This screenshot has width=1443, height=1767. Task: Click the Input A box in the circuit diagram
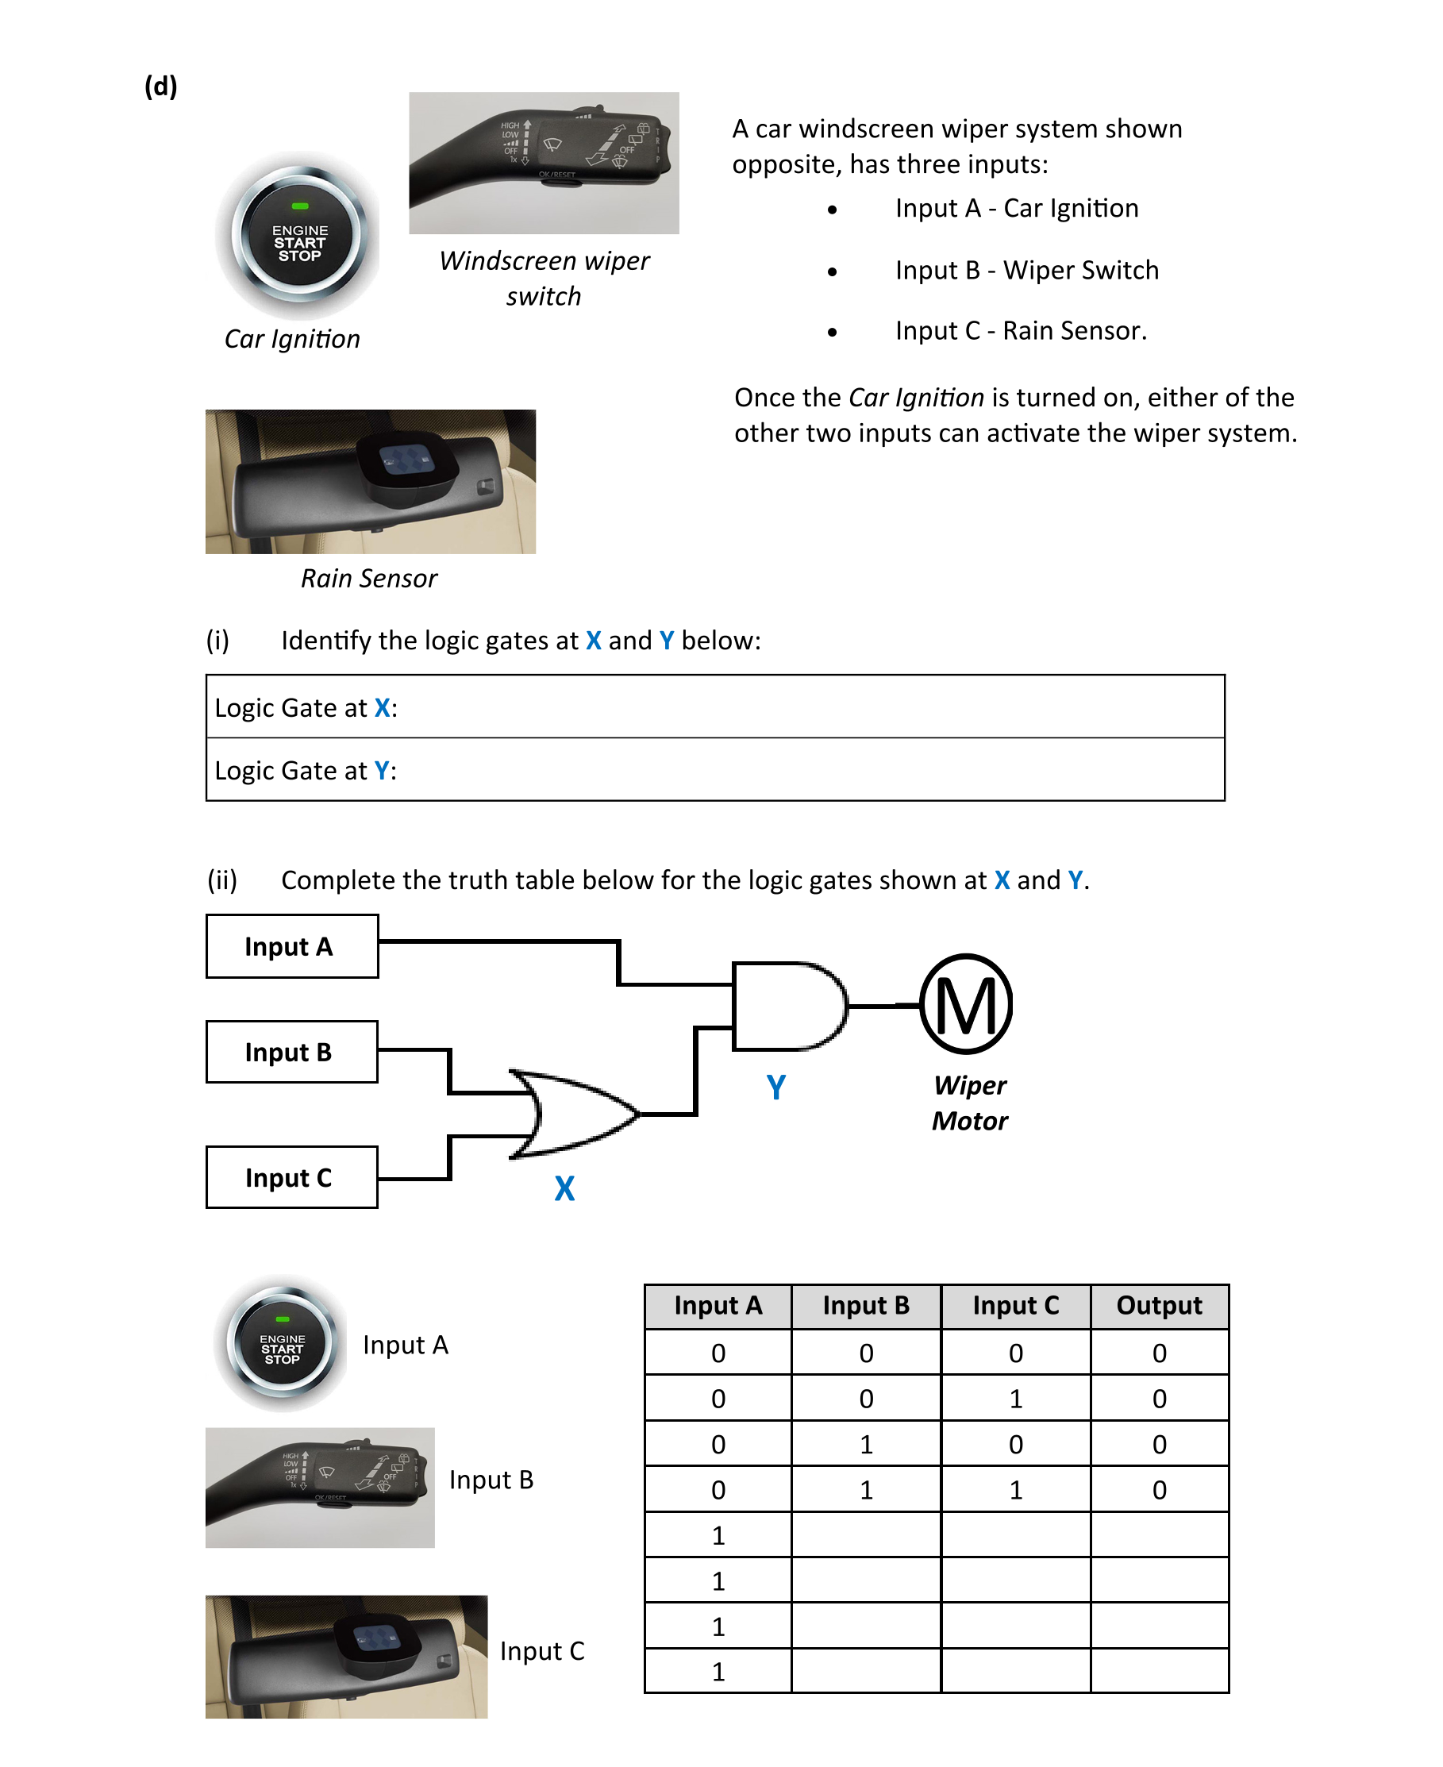(292, 946)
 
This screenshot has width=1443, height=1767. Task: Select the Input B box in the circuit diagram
(292, 1052)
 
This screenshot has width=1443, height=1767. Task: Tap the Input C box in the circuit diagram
(292, 1177)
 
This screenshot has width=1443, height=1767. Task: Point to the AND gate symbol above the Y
(787, 1006)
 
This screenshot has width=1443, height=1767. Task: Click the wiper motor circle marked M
(966, 1004)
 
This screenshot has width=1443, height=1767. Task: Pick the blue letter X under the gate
(564, 1188)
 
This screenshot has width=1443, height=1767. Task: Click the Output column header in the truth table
(1159, 1306)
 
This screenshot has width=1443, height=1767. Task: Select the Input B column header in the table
(865, 1306)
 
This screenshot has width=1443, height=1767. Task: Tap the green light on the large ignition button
(300, 206)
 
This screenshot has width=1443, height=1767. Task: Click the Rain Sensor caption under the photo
(368, 579)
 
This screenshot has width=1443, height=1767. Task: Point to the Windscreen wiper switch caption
(544, 278)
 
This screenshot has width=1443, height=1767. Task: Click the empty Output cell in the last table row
(1159, 1671)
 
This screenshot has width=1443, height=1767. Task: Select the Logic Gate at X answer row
(715, 707)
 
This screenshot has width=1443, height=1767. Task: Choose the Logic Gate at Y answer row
(715, 771)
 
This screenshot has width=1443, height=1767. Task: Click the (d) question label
(160, 87)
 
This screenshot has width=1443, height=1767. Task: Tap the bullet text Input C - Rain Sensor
(1021, 331)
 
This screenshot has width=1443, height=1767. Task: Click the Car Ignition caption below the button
(292, 339)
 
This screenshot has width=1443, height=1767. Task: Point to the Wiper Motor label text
(969, 1103)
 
